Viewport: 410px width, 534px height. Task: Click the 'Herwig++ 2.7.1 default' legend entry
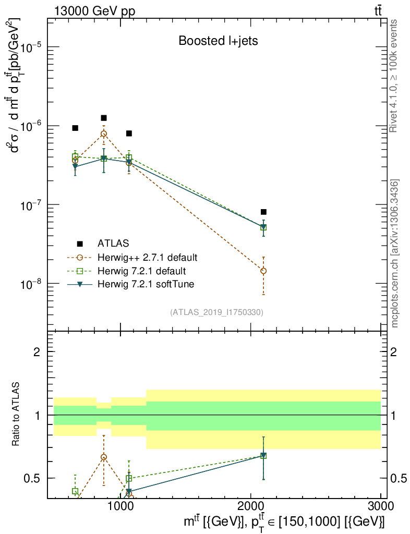coord(147,257)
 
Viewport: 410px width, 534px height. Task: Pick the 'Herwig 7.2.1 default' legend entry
coord(141,271)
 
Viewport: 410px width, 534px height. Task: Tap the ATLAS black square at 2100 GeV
coord(263,212)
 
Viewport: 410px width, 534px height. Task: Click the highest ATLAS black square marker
coord(104,118)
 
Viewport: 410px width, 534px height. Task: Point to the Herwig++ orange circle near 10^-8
coord(263,271)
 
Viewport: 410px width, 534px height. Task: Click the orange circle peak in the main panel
coord(104,133)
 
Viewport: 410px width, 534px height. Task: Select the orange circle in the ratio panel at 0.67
coord(104,457)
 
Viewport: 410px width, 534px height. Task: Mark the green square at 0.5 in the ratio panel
coord(129,478)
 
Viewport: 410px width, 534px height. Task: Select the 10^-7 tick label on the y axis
coord(32,205)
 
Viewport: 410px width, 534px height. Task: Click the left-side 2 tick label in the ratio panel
coord(37,351)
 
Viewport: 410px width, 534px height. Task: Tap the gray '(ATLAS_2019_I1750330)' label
coord(216,312)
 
